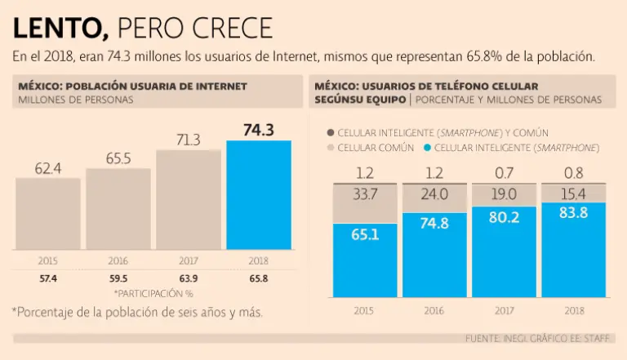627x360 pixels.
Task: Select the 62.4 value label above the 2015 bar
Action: click(48, 168)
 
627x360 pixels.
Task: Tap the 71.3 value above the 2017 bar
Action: click(188, 140)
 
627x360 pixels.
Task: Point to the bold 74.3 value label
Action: click(258, 130)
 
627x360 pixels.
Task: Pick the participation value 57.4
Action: click(48, 278)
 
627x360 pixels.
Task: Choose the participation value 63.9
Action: click(188, 278)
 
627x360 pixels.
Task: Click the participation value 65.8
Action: click(258, 278)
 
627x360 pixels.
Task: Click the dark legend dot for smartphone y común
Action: click(330, 132)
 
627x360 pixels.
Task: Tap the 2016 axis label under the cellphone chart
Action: click(434, 310)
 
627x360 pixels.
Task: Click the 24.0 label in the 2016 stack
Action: click(434, 194)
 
